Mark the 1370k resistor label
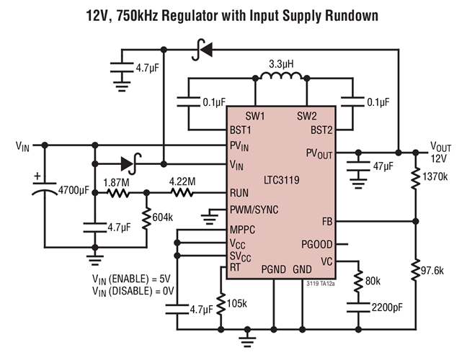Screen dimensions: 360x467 (x=436, y=176)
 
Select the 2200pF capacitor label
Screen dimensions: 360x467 (x=388, y=308)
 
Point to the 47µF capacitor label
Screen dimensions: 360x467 (x=383, y=166)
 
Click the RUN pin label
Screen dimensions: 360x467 (x=240, y=193)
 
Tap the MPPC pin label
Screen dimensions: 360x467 (x=243, y=230)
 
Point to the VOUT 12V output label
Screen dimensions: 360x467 (x=442, y=152)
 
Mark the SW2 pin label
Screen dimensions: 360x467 (x=307, y=116)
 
